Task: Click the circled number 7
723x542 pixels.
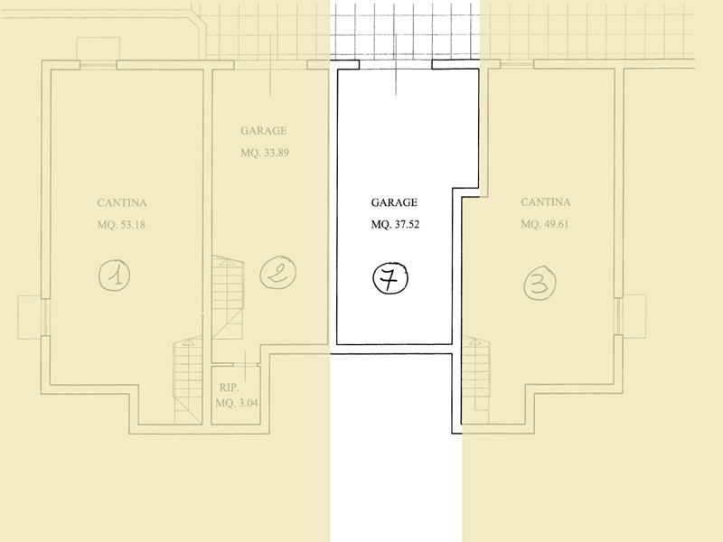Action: point(390,278)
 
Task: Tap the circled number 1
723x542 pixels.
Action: point(115,275)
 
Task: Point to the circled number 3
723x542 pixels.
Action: point(540,283)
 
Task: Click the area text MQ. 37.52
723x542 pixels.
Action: point(395,225)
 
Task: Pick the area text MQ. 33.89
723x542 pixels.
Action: point(265,153)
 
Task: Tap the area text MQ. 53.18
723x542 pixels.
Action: point(121,225)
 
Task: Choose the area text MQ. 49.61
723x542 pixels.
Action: point(545,224)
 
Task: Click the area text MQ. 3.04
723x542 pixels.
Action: point(237,403)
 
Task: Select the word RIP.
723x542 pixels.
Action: point(230,388)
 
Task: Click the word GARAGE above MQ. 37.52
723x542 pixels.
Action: point(394,202)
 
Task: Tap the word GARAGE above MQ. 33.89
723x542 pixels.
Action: point(264,131)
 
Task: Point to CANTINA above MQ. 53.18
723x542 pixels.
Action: point(122,202)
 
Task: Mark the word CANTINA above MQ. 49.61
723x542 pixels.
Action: point(546,201)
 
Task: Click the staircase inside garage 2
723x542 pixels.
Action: point(228,298)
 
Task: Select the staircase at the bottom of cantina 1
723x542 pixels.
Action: point(188,379)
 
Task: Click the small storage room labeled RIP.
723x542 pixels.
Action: point(234,395)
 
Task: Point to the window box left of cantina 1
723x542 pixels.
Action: point(30,317)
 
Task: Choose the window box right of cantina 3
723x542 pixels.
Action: point(634,316)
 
